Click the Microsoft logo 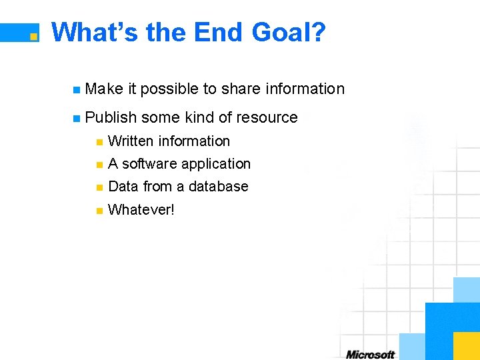coord(370,354)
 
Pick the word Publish coord(111,117)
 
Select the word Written coord(131,141)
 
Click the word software coord(150,164)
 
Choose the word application coord(216,164)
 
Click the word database coord(219,187)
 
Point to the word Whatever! coord(141,210)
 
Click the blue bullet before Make coord(77,89)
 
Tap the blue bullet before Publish coord(77,118)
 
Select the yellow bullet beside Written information coord(99,141)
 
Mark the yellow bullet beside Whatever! coord(99,211)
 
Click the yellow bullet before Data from coord(99,187)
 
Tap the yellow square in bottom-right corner coord(466,345)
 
